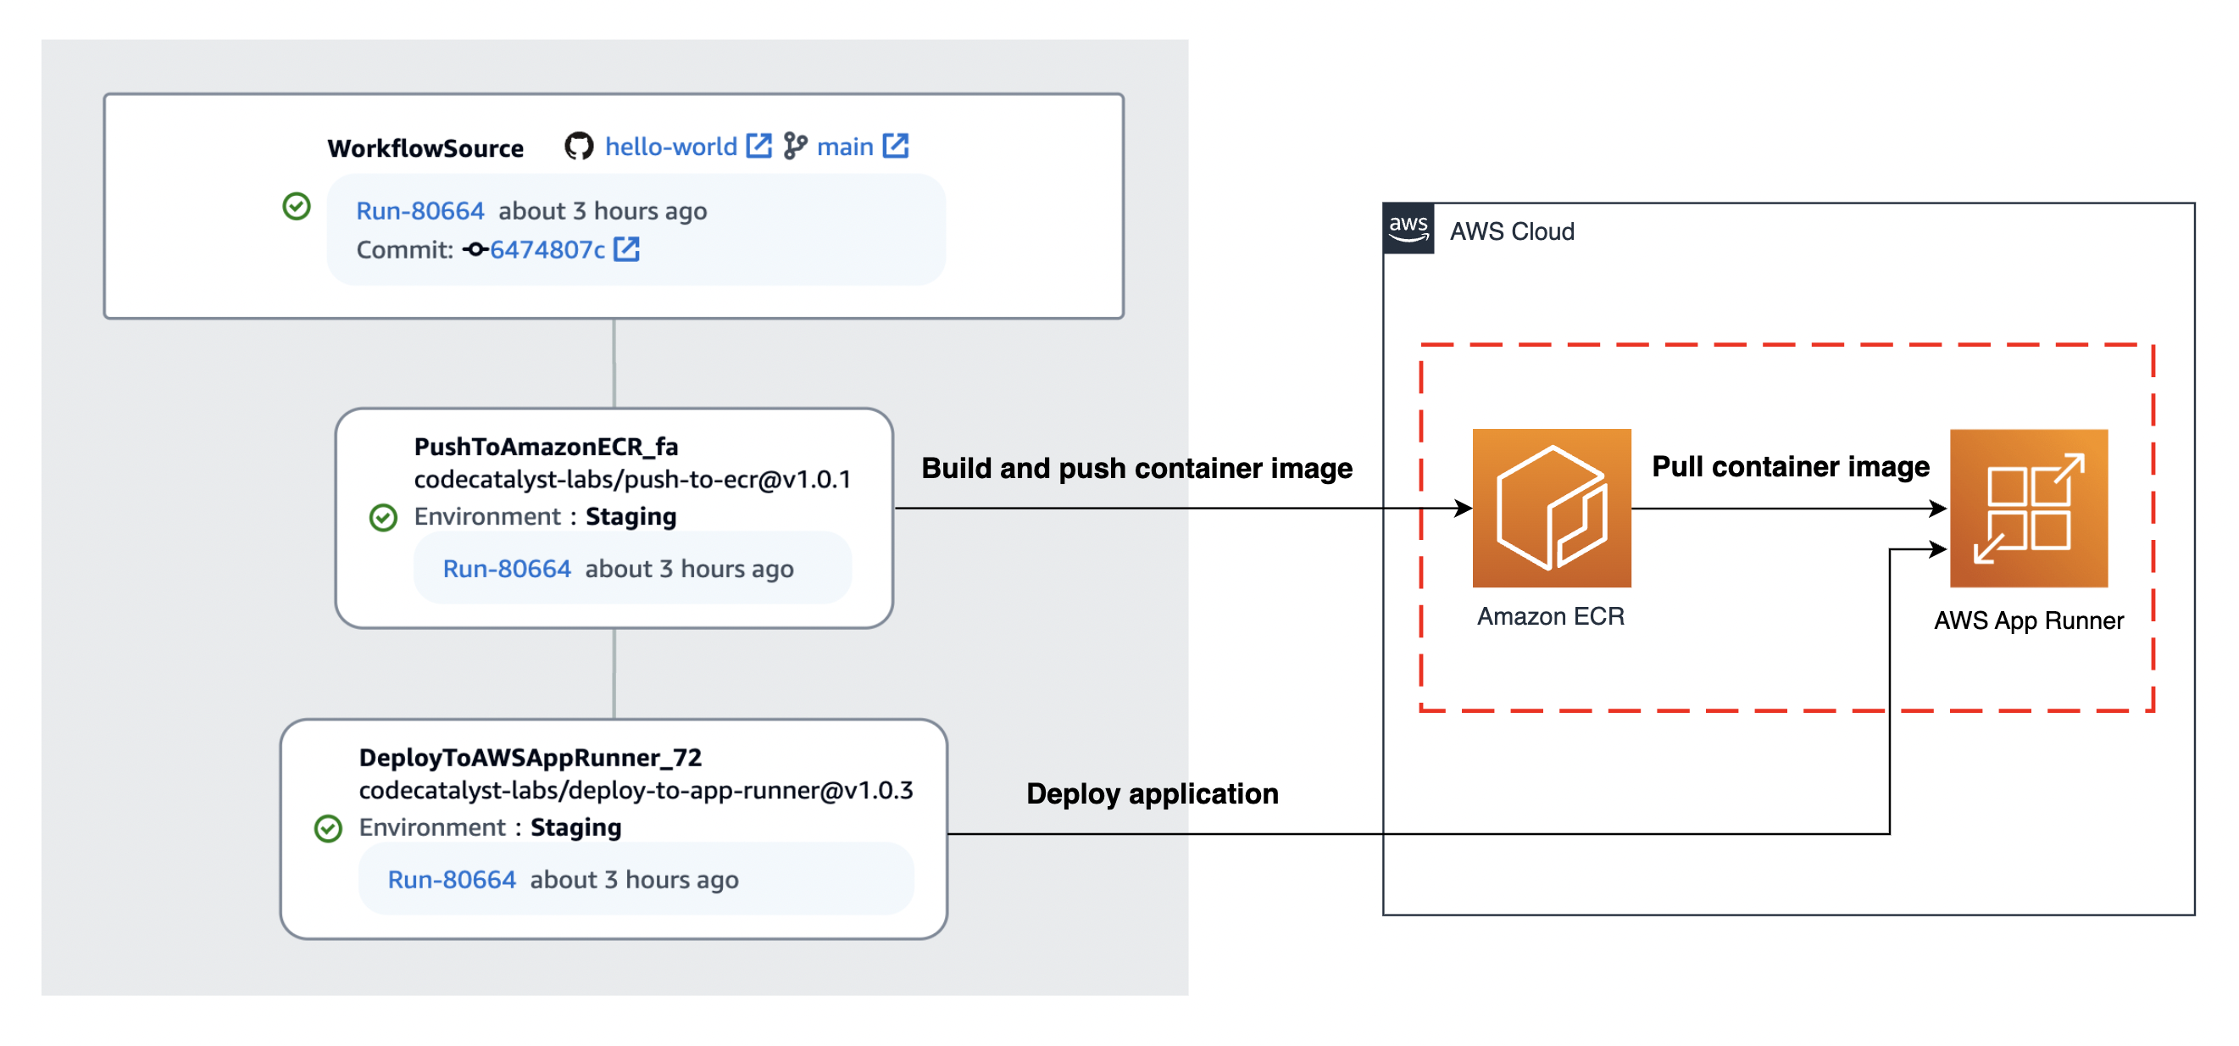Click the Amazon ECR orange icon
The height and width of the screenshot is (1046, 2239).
tap(1551, 508)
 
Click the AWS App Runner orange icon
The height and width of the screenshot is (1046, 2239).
tap(2028, 508)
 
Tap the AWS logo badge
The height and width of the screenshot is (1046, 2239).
tap(1408, 229)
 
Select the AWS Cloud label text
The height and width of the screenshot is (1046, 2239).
tap(1512, 231)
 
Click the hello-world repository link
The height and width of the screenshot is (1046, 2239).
tap(670, 146)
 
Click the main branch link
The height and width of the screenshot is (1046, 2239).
tap(845, 146)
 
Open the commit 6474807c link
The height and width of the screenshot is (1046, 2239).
tap(547, 249)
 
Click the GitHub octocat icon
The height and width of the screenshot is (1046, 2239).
tap(579, 146)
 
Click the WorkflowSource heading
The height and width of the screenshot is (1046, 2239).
tap(425, 147)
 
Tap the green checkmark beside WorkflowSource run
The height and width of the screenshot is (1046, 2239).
tap(297, 206)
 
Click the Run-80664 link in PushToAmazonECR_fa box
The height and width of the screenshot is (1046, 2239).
tap(507, 569)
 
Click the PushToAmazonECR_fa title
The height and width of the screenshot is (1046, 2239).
tap(546, 446)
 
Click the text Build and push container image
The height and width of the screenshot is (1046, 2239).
tap(1136, 468)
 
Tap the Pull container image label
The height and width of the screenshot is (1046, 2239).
tap(1790, 466)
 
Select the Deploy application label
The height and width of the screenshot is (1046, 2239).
tap(1152, 793)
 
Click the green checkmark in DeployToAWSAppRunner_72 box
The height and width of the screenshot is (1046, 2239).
tap(328, 828)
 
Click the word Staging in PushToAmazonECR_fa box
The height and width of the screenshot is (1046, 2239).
tap(631, 516)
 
